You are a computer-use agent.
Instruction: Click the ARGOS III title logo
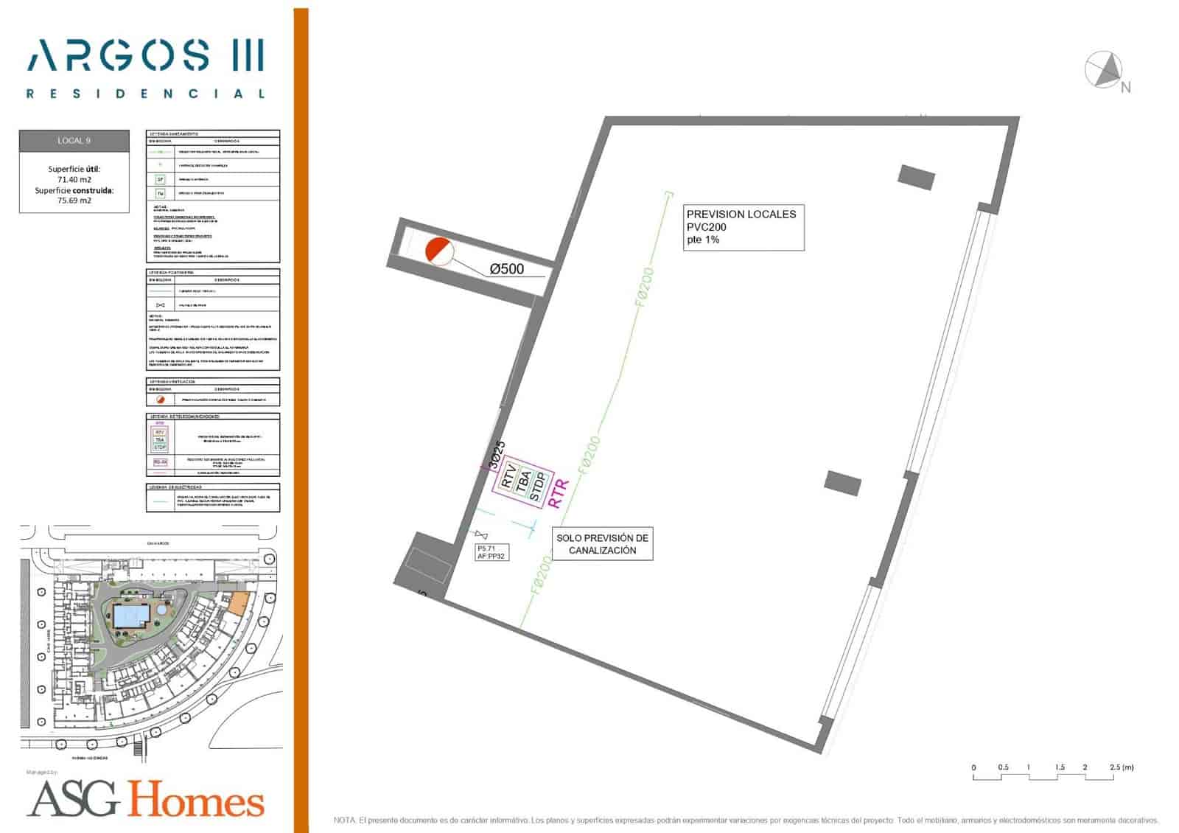tap(145, 56)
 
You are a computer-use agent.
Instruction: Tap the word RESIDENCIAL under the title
tap(145, 94)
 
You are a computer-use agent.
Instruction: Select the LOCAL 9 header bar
tap(74, 141)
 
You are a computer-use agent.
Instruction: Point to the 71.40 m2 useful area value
tap(74, 179)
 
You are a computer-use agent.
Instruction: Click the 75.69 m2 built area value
tap(74, 201)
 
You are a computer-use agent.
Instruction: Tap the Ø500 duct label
tap(507, 269)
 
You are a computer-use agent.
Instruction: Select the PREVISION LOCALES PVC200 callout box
tap(741, 227)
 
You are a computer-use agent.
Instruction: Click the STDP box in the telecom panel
tap(538, 487)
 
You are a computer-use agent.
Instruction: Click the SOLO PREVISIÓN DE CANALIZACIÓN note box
tap(602, 544)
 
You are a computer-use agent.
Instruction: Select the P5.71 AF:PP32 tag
tap(491, 552)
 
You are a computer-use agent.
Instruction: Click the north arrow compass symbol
tap(1103, 69)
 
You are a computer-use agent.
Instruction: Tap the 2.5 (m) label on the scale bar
tap(1122, 767)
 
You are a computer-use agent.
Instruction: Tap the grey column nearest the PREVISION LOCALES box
tap(916, 177)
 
